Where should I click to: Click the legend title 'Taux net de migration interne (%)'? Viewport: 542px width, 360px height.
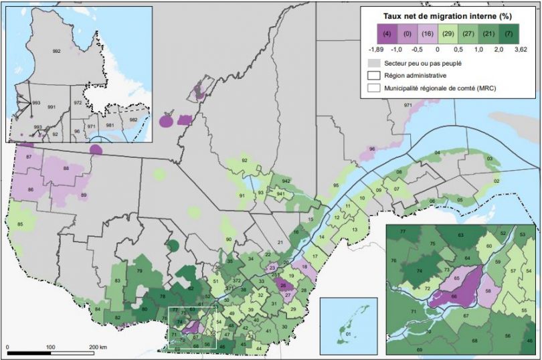pos(448,15)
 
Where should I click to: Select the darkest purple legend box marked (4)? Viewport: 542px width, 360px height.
pos(387,33)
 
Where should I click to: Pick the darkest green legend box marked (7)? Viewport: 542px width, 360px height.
pos(509,33)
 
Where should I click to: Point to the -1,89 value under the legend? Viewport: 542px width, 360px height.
pos(377,48)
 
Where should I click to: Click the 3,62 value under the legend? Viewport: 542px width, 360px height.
pos(520,48)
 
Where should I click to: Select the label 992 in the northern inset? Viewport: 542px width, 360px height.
pos(56,51)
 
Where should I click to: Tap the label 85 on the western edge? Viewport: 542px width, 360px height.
pos(20,223)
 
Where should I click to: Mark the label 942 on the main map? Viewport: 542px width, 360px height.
pos(286,181)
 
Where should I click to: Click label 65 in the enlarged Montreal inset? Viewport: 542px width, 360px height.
pos(456,277)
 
